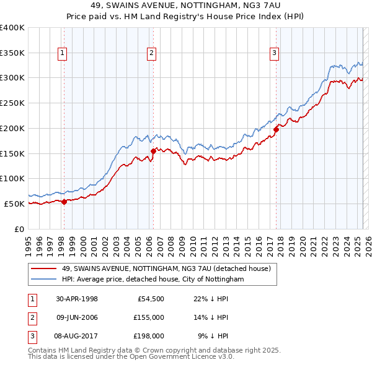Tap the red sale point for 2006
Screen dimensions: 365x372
point(153,150)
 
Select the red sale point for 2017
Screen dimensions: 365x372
point(276,129)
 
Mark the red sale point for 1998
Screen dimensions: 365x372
point(64,201)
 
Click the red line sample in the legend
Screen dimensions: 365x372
point(43,269)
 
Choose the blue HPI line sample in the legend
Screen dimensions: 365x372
point(43,280)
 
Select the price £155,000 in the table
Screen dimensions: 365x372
point(148,317)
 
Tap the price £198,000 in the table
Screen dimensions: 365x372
point(148,336)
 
